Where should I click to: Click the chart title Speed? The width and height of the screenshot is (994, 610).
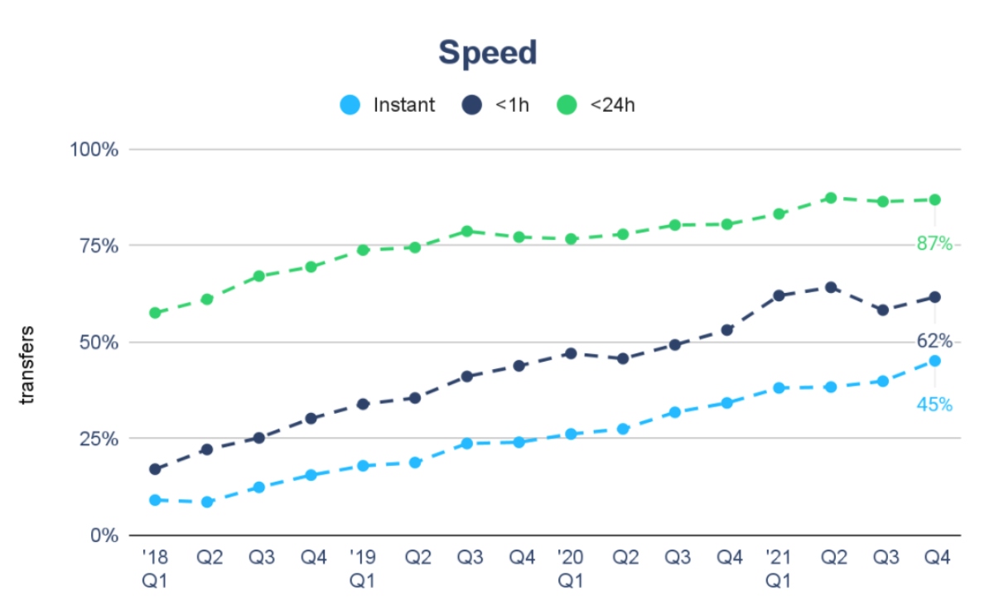coord(488,53)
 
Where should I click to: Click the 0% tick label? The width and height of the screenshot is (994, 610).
coord(105,535)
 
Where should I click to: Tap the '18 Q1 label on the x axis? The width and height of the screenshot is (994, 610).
coord(155,569)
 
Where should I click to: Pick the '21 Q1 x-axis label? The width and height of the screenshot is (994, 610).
coord(778,569)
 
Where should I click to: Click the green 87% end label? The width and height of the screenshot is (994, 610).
coord(934,243)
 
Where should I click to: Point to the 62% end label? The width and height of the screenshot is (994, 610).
coord(934,341)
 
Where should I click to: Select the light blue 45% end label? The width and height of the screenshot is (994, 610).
coord(934,405)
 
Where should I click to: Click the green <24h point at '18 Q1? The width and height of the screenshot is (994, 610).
coord(155,313)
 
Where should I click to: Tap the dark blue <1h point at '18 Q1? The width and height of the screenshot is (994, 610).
coord(155,469)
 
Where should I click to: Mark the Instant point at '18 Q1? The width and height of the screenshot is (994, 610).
coord(155,500)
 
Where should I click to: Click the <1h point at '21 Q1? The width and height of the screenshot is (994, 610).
coord(778,295)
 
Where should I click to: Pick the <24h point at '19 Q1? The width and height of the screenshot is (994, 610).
coord(363,250)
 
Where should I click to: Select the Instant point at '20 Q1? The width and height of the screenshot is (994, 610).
coord(571,434)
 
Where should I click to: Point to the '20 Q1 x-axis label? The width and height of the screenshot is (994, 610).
coord(570,569)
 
